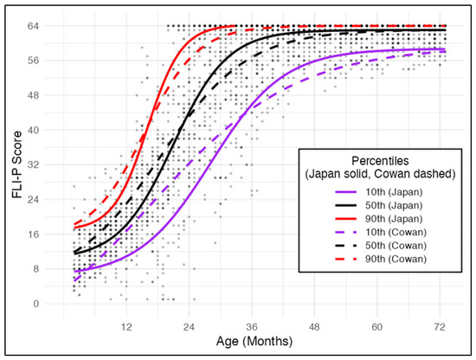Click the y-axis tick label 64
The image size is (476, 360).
[33, 26]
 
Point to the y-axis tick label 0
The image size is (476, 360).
[36, 304]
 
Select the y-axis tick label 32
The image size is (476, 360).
[33, 164]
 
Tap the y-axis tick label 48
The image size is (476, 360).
[33, 95]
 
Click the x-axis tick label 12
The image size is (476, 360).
[126, 327]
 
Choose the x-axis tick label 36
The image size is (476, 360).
[252, 327]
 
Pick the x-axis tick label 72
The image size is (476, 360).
[440, 327]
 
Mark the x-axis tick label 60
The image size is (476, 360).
[377, 327]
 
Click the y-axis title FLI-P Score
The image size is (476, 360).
[17, 164]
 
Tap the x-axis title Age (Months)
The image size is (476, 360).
[254, 342]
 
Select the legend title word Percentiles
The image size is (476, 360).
[380, 161]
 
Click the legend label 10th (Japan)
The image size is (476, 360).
[394, 192]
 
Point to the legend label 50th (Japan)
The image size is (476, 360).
[394, 205]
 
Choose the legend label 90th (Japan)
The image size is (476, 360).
[394, 219]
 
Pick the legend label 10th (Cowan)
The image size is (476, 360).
[396, 232]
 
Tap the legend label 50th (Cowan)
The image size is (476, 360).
[396, 246]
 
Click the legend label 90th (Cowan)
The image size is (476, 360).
[396, 259]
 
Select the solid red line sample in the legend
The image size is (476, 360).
[346, 219]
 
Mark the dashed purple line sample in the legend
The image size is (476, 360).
[346, 232]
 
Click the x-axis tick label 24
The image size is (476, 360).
[190, 327]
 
